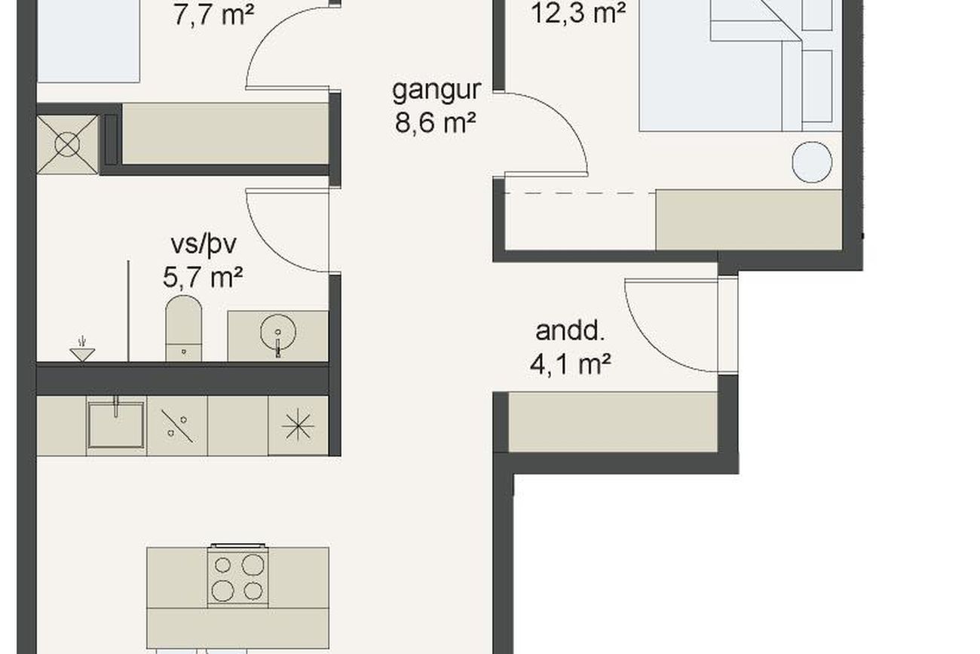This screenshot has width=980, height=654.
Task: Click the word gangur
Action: [x=436, y=91]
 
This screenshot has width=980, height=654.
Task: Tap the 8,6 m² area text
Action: [x=435, y=122]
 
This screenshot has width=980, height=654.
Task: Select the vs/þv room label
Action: [x=204, y=245]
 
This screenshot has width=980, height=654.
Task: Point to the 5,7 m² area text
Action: [x=203, y=277]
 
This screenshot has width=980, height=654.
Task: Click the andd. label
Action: [x=570, y=331]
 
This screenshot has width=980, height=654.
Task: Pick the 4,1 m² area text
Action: [x=570, y=364]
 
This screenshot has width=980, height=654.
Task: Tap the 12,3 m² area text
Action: [x=578, y=12]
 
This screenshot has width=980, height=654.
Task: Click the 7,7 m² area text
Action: [x=213, y=15]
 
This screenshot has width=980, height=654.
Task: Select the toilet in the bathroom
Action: [x=184, y=328]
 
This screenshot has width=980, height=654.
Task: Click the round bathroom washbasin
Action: [x=278, y=333]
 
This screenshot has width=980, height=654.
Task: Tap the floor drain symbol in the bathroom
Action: [x=82, y=350]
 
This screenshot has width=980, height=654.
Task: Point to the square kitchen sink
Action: [x=116, y=425]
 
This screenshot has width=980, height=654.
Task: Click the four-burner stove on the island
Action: [x=238, y=577]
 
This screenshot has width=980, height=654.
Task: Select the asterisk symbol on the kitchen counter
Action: [x=298, y=425]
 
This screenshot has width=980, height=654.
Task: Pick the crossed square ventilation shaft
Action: [x=67, y=145]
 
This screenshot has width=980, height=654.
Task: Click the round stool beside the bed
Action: [x=812, y=162]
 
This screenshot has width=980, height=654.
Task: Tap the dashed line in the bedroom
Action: [x=580, y=192]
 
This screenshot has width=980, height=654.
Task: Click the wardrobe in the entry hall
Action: [x=612, y=422]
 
